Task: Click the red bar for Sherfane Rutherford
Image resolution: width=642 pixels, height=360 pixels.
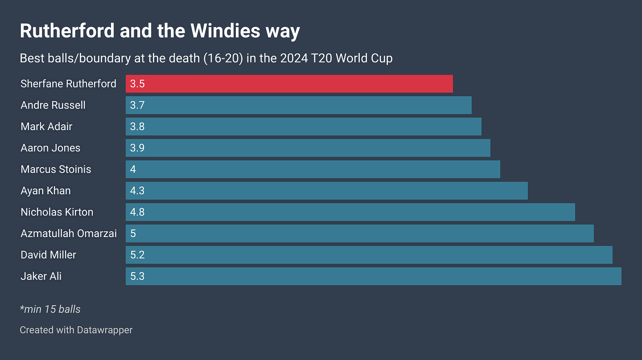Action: (289, 84)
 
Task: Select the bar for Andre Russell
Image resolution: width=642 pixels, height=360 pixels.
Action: (299, 105)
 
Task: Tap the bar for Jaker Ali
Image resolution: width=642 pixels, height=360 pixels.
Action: (374, 276)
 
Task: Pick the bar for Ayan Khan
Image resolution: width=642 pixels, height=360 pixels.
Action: (327, 191)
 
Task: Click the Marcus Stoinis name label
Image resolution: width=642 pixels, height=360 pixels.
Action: (56, 169)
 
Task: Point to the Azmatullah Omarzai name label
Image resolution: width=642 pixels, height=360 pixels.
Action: (69, 233)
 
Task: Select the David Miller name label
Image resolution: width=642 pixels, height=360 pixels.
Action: (48, 255)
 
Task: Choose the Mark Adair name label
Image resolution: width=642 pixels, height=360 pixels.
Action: (46, 127)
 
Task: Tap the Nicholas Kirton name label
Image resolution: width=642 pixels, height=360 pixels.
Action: (57, 212)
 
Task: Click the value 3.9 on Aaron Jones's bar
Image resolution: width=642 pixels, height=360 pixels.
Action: (137, 148)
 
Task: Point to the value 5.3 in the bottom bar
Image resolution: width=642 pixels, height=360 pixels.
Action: (137, 276)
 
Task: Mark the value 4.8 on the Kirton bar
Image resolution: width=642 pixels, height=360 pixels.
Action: (137, 212)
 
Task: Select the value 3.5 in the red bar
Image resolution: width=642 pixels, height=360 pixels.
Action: (137, 84)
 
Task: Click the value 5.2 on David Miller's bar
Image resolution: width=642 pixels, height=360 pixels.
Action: (137, 255)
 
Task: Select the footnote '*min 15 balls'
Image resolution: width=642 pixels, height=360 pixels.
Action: (50, 309)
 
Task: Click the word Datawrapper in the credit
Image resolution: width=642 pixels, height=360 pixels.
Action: (105, 330)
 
